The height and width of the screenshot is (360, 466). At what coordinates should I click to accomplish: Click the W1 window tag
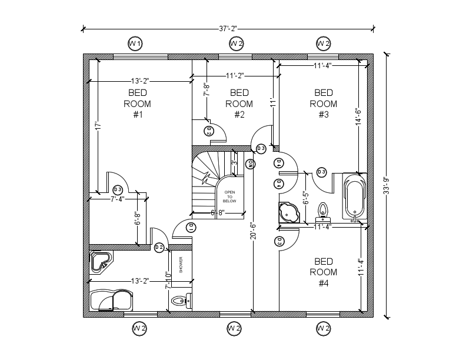click(x=135, y=44)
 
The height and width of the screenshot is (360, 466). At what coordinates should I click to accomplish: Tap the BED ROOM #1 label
click(x=137, y=104)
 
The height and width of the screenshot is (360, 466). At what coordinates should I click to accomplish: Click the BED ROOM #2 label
click(x=239, y=104)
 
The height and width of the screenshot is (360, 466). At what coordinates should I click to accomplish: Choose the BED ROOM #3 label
click(x=323, y=104)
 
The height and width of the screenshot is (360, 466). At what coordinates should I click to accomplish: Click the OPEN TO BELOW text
click(x=229, y=196)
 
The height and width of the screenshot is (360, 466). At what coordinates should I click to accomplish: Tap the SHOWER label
click(x=181, y=265)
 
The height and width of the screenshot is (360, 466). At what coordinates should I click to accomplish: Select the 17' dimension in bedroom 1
click(x=99, y=125)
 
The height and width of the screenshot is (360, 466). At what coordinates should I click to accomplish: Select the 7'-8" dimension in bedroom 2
click(x=206, y=89)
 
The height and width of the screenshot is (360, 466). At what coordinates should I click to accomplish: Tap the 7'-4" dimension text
click(x=118, y=199)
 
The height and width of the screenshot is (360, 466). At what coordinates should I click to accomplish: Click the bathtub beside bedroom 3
click(x=354, y=197)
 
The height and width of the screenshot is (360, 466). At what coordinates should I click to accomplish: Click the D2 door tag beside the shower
click(x=159, y=248)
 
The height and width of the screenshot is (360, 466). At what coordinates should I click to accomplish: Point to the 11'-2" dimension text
click(x=235, y=75)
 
